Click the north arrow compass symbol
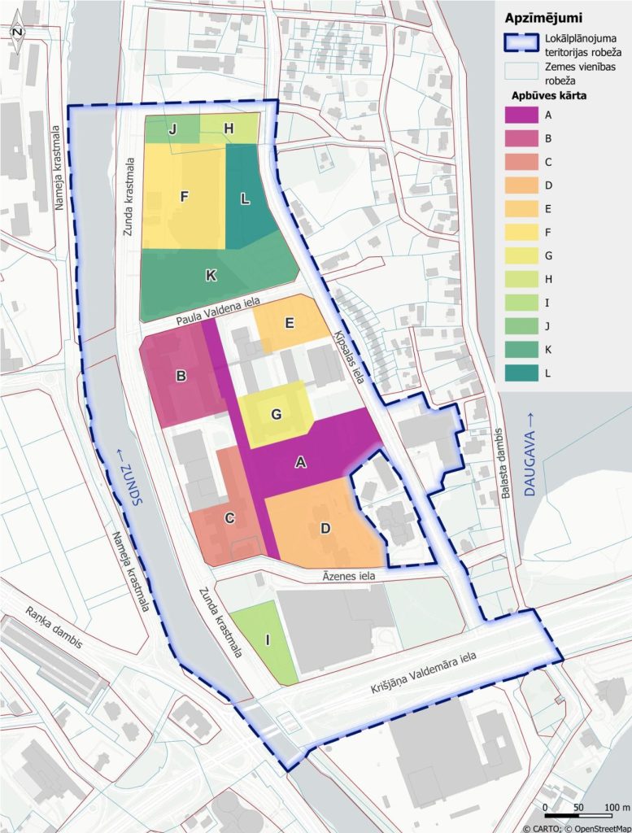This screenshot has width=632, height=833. (18, 31)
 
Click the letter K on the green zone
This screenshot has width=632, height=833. (211, 276)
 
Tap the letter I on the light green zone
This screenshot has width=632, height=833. (267, 641)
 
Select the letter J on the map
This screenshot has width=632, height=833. (172, 129)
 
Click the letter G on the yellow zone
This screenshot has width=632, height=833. (277, 414)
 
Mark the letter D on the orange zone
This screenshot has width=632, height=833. (325, 528)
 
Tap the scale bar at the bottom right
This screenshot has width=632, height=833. (580, 815)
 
